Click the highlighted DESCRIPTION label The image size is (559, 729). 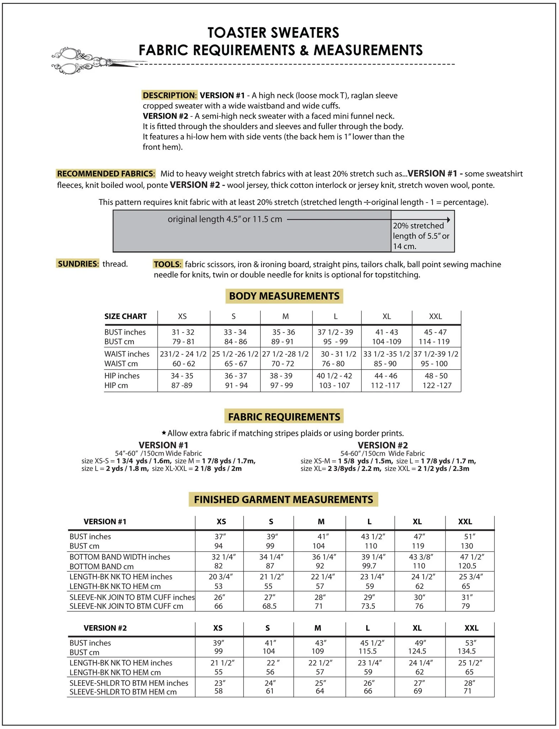tap(169, 95)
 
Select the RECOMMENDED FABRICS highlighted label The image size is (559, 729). tap(106, 174)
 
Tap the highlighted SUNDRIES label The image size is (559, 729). tap(78, 264)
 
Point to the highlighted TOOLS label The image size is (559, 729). tap(167, 264)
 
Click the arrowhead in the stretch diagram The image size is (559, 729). tap(449, 220)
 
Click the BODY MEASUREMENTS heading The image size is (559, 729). tap(284, 296)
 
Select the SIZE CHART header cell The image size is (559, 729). tap(126, 316)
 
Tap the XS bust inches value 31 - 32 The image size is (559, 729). tap(183, 332)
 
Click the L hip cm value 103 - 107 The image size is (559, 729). tap(334, 386)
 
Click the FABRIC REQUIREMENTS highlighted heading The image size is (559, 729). tap(284, 417)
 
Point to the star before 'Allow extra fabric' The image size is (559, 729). tap(164, 433)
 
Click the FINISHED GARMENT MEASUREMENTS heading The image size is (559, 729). tap(283, 499)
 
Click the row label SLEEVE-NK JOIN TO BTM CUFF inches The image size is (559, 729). tap(132, 597)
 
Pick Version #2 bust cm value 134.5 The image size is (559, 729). tap(467, 651)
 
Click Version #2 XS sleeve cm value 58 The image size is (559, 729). tap(218, 691)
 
